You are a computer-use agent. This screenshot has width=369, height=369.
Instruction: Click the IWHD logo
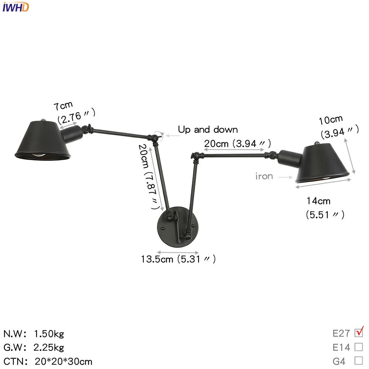pyautogui.click(x=15, y=7)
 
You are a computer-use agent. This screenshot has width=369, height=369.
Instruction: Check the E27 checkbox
pyautogui.click(x=359, y=333)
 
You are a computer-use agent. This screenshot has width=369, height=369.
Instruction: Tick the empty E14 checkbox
pyautogui.click(x=359, y=347)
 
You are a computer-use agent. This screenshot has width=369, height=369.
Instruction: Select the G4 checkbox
pyautogui.click(x=359, y=361)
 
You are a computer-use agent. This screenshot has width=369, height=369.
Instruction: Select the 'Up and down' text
pyautogui.click(x=208, y=130)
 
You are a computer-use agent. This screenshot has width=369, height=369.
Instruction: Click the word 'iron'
pyautogui.click(x=264, y=176)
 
